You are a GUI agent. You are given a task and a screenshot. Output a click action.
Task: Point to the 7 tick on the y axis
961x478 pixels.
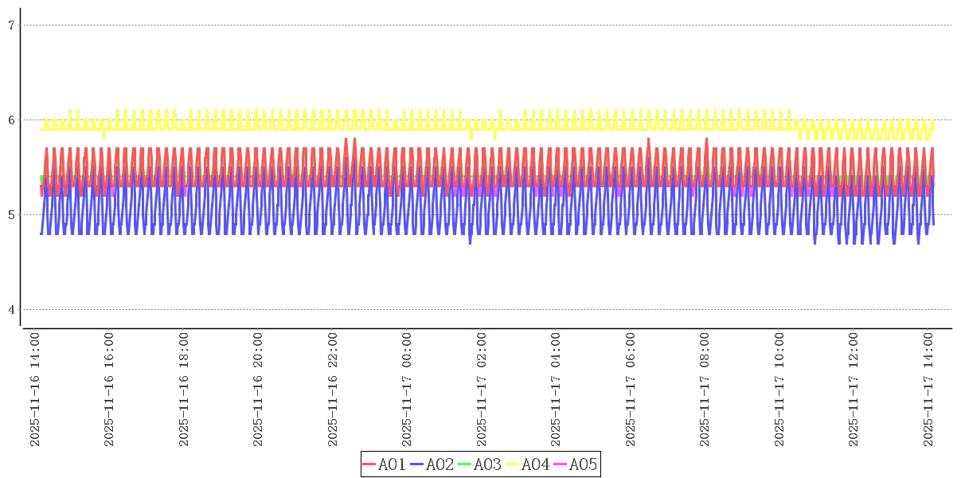(12, 25)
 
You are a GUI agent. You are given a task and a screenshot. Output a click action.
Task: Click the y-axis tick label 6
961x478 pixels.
(12, 120)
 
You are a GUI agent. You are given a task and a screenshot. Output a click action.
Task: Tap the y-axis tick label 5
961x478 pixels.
(12, 215)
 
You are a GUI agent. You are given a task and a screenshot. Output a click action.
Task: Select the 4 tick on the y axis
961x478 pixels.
(12, 310)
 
